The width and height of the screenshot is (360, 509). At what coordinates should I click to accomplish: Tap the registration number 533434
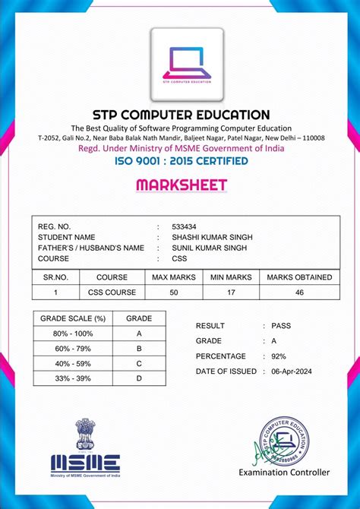184,226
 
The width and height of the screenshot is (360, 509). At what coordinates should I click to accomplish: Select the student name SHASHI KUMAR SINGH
212,237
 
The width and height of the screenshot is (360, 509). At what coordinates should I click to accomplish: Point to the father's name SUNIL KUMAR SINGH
210,248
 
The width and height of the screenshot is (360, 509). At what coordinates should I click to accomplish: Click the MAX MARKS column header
174,277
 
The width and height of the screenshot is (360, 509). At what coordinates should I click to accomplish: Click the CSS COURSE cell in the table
112,292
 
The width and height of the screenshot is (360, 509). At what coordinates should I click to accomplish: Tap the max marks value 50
174,292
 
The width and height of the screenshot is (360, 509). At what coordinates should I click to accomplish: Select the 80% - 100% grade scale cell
73,333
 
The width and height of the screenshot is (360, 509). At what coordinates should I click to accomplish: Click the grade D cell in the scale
139,378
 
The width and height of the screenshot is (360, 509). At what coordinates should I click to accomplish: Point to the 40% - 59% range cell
73,363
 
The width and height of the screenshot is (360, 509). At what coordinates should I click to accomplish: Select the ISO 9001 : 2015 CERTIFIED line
180,161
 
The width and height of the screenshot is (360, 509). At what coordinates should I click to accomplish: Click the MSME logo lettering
85,460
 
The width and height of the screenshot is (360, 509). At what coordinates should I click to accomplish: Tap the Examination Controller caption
284,473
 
